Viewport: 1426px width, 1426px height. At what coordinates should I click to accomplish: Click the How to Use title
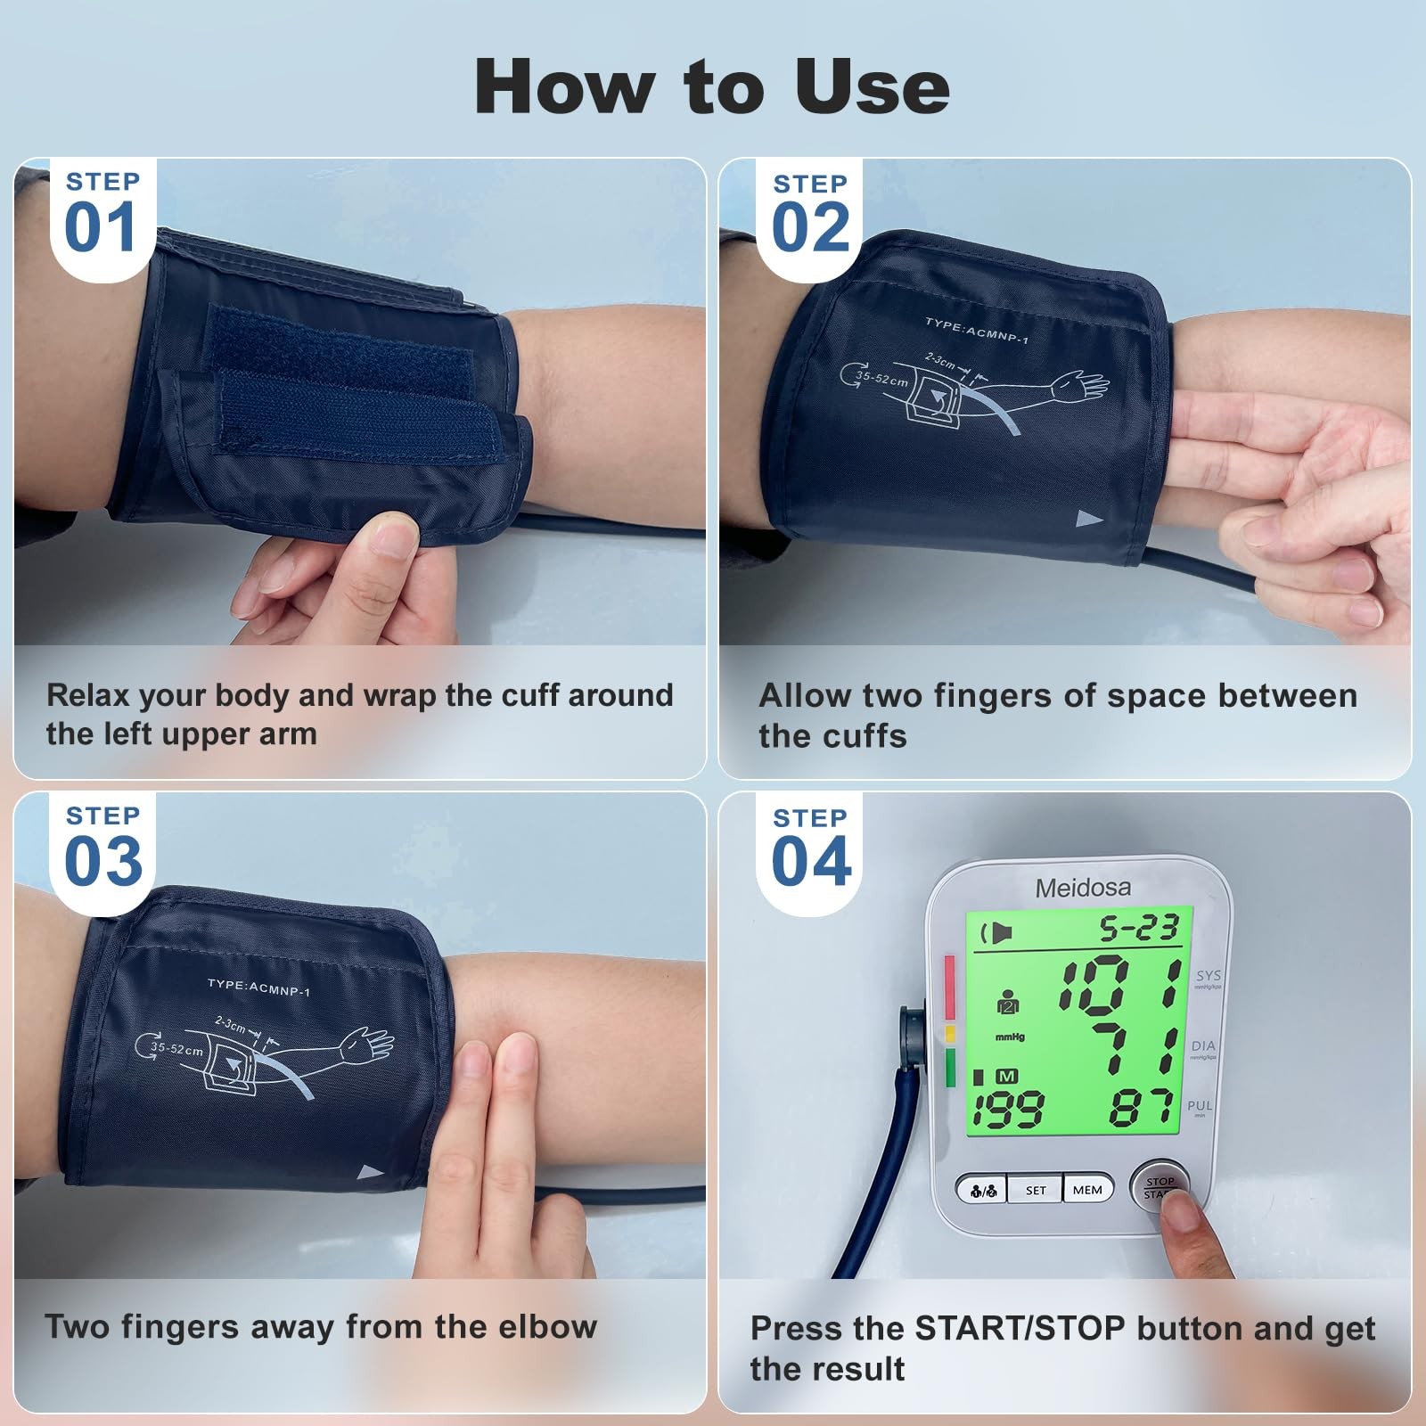click(712, 86)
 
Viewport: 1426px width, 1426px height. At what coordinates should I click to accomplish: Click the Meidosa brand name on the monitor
click(1083, 888)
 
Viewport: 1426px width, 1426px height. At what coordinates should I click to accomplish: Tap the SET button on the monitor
click(1036, 1190)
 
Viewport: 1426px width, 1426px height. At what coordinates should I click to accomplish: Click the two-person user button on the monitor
click(982, 1190)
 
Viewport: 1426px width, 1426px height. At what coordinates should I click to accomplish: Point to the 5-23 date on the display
click(1139, 929)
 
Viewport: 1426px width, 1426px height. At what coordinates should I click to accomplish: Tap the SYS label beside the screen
click(1209, 976)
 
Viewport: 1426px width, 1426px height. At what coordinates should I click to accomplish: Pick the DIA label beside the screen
click(1203, 1045)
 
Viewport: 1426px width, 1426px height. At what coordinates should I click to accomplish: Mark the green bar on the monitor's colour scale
click(949, 1067)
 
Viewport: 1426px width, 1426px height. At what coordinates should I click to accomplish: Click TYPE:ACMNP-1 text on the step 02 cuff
click(977, 331)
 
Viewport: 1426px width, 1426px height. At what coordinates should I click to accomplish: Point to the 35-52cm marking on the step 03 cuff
click(176, 1049)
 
